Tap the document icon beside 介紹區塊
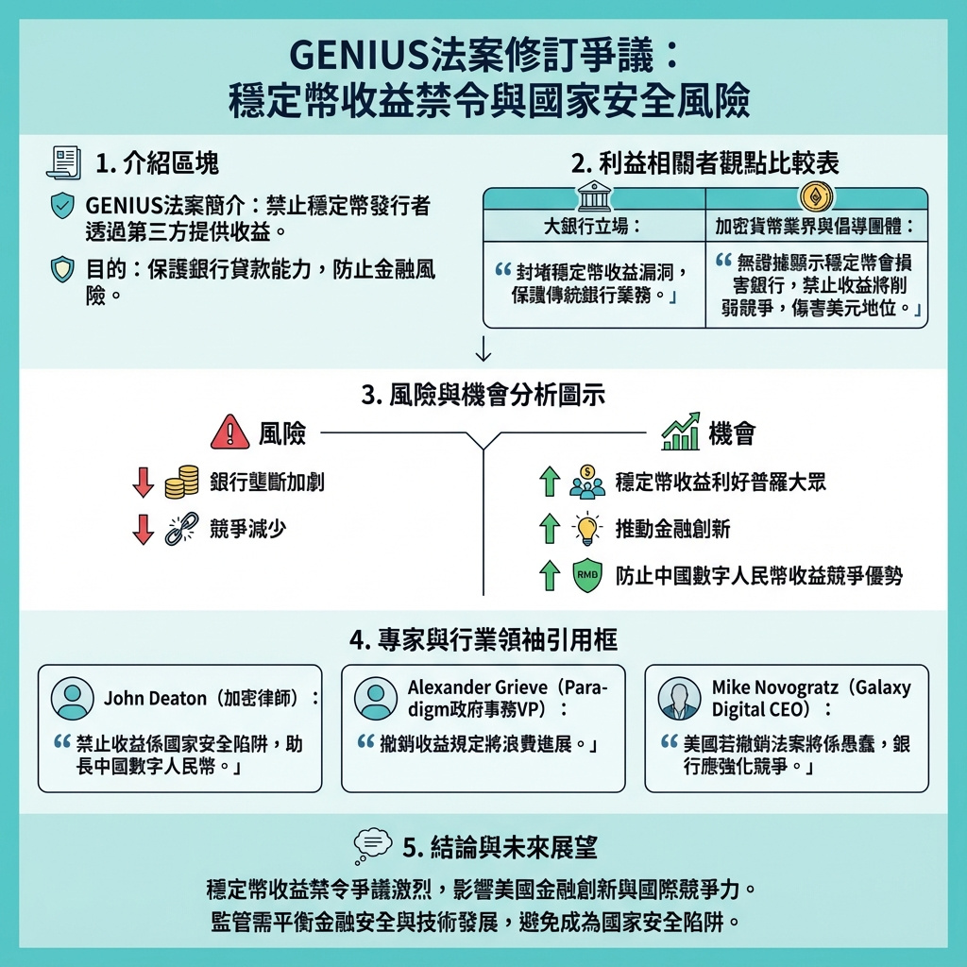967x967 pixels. [x=64, y=161]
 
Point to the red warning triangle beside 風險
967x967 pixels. [x=229, y=433]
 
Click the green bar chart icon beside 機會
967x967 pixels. [x=680, y=432]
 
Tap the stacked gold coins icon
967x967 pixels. [x=181, y=482]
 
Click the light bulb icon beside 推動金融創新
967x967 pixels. [x=587, y=529]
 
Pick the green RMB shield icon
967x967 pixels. [x=587, y=574]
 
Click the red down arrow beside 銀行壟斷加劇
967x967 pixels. [x=143, y=482]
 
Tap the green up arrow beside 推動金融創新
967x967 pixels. [x=549, y=529]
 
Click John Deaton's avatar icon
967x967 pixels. [x=72, y=699]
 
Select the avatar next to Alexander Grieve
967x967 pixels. [x=375, y=699]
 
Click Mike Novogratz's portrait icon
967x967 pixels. [x=679, y=699]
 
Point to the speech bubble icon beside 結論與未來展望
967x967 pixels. [x=371, y=846]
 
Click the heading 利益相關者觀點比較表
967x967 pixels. [x=705, y=162]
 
